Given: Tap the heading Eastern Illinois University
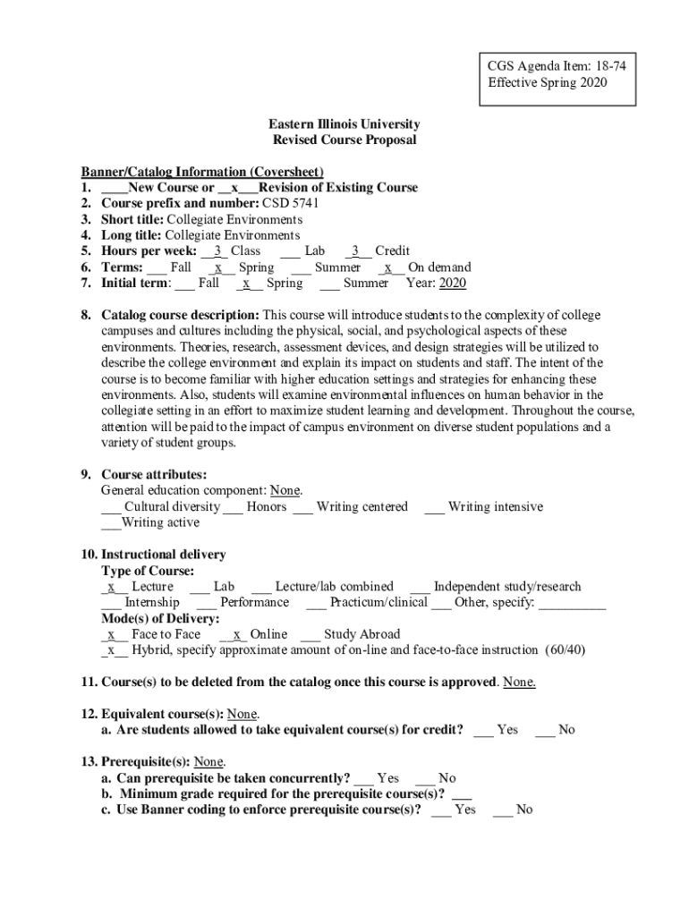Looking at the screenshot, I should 344,124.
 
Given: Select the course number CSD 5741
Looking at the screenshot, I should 290,203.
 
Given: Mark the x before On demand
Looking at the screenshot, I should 388,267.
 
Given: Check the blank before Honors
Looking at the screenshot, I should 233,507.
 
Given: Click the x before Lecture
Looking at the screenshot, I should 111,587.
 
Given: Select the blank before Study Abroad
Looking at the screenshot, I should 310,635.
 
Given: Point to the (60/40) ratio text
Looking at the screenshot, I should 566,650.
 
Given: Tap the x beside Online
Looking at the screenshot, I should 235,635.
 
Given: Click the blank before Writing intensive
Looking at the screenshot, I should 434,507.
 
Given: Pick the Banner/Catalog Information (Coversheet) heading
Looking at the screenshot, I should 202,172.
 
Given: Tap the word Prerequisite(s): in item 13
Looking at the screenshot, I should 147,762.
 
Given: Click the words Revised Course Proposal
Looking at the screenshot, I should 344,140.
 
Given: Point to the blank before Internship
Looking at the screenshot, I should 111,603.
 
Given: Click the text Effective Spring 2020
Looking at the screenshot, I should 547,82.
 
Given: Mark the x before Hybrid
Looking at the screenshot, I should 111,650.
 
